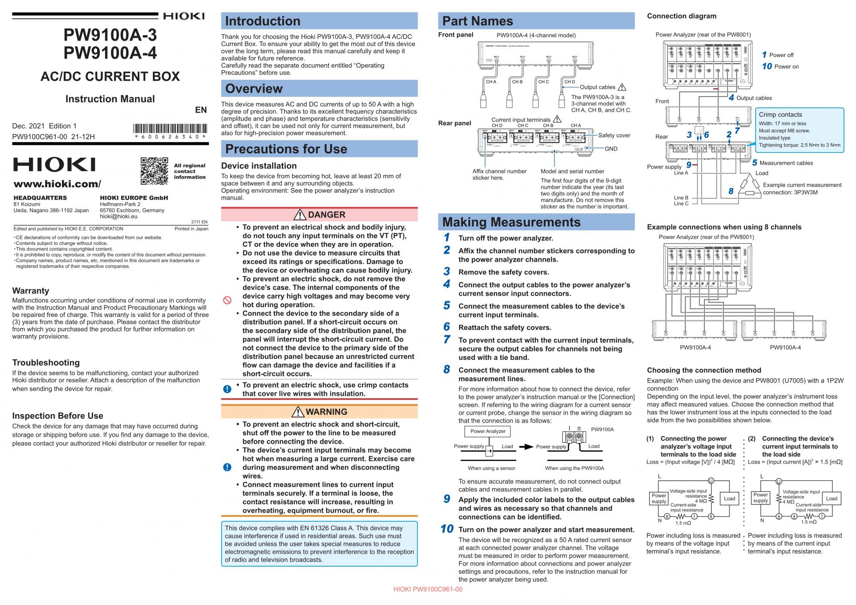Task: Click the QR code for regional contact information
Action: point(154,171)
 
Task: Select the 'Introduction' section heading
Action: point(263,21)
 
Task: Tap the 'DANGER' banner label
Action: point(326,215)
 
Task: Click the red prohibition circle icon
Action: point(227,300)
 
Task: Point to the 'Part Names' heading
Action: point(477,21)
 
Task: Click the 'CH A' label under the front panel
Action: point(491,82)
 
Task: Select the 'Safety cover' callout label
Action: point(614,136)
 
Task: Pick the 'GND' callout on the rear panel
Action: point(611,149)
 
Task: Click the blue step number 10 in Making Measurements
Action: point(447,529)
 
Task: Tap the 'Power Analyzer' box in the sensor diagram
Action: point(488,431)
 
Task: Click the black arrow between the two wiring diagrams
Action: point(526,447)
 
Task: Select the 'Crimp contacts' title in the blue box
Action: point(780,115)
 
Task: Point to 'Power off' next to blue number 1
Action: point(781,55)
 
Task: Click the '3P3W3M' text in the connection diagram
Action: point(806,193)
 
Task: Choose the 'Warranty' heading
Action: point(31,291)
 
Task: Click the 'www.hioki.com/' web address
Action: point(58,184)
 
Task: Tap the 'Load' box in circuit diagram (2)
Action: point(831,498)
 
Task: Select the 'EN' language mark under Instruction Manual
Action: point(201,110)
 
